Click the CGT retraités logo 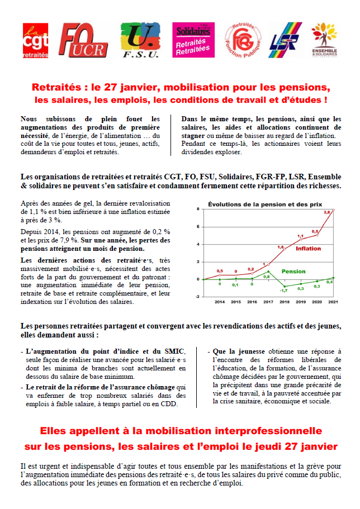(x=36, y=41)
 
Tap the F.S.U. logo (x=139, y=41)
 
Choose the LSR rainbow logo (x=285, y=41)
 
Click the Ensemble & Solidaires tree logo (x=324, y=40)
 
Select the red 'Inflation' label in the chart (x=308, y=248)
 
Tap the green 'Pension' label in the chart (x=293, y=272)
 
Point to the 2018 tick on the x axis (x=284, y=302)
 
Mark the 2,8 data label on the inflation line (x=328, y=213)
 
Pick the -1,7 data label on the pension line (x=283, y=291)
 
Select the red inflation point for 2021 (x=333, y=210)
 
